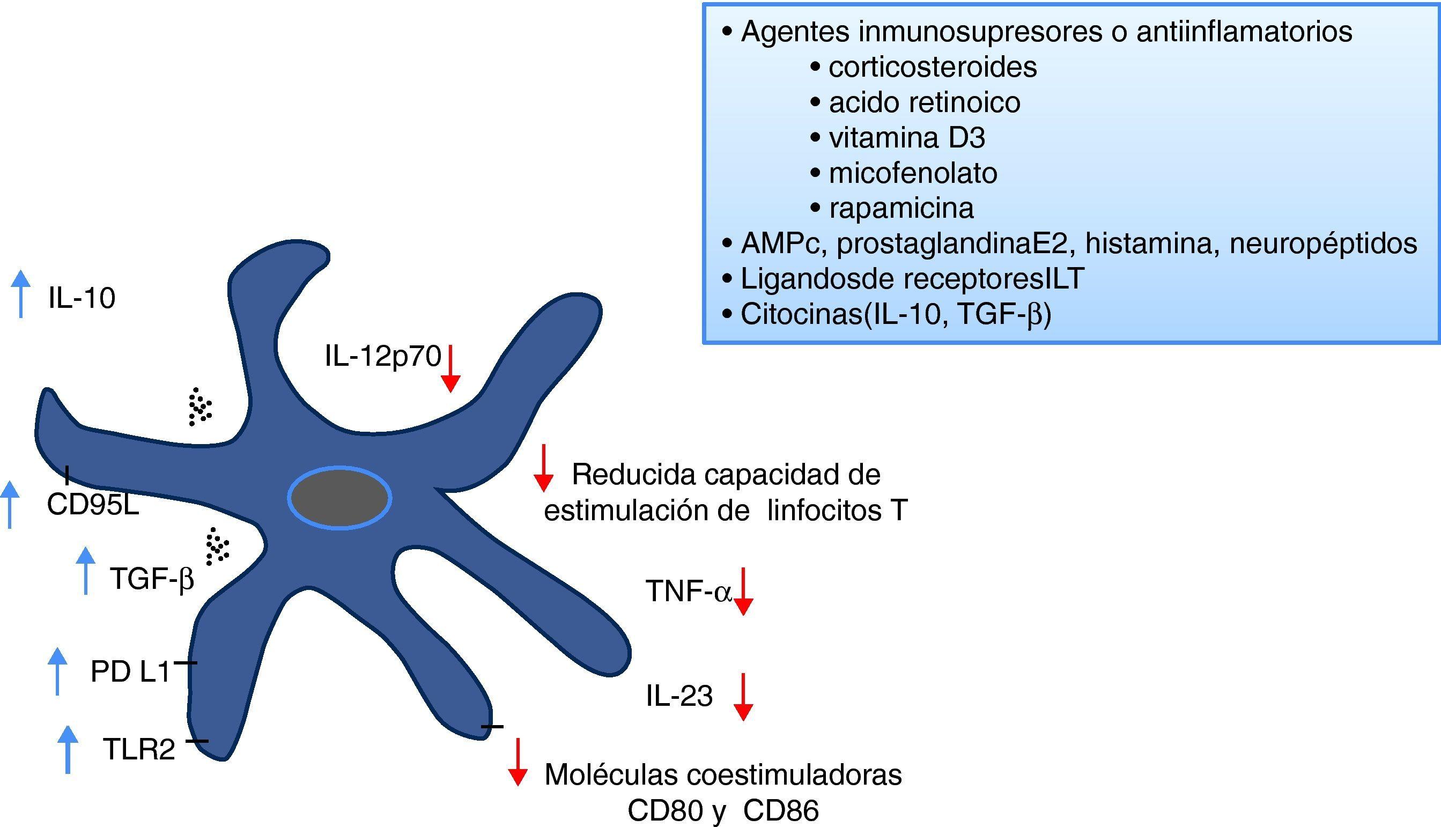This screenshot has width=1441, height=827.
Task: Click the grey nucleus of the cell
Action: coord(339,498)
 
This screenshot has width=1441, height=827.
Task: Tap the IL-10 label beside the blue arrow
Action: coord(82,298)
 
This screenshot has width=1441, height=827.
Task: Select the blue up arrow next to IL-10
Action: coord(21,294)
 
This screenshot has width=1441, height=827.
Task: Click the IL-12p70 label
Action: coord(383,356)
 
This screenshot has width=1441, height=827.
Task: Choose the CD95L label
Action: coord(93,504)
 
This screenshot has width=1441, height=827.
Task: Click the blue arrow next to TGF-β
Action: coord(86,571)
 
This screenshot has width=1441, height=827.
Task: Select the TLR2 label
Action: coord(138,749)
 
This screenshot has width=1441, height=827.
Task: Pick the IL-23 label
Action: coord(679,696)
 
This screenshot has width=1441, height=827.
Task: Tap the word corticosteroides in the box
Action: coord(932,67)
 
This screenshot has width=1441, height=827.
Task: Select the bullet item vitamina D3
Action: coord(907,138)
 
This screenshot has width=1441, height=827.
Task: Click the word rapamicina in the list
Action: coord(901,209)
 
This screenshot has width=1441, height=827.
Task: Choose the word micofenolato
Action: coord(913,173)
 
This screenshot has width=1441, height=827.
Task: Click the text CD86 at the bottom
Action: coord(781,811)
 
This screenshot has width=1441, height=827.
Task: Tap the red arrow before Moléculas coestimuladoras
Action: coord(517,762)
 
